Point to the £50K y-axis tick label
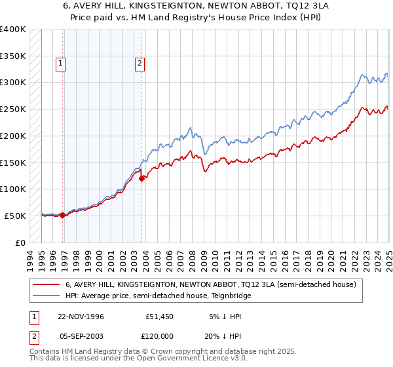(x=14, y=216)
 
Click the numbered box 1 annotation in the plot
(x=60, y=64)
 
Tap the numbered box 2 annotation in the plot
(x=140, y=64)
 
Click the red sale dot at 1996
(x=63, y=214)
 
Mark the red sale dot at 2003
(x=141, y=178)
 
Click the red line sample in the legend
(x=47, y=285)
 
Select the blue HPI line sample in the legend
(x=47, y=296)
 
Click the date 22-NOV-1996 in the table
(x=81, y=317)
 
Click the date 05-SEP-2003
(x=81, y=336)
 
